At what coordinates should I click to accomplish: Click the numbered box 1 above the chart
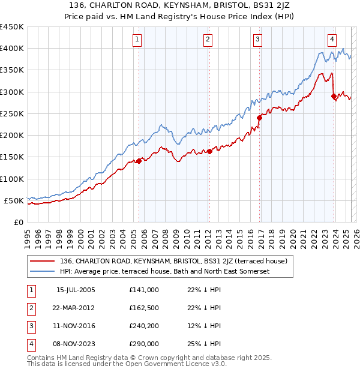(x=137, y=40)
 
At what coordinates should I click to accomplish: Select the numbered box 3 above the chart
(x=257, y=40)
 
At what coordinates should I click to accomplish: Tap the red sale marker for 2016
(x=260, y=118)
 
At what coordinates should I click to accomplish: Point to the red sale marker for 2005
(x=139, y=161)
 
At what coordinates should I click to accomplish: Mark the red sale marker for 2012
(x=209, y=151)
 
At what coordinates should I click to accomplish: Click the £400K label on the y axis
(x=12, y=49)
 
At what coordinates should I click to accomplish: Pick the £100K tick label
(x=12, y=179)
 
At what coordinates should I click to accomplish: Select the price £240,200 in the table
(x=144, y=326)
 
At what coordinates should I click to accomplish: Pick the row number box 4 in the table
(x=31, y=344)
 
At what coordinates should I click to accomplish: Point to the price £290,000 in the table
(x=144, y=344)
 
